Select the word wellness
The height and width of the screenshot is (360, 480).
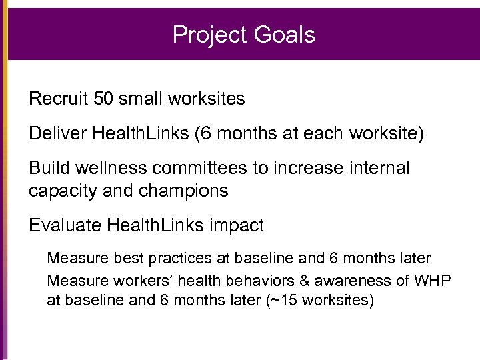[x=103, y=169]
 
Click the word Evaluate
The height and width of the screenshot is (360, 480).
[x=64, y=226]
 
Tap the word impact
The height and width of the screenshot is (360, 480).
[x=238, y=226]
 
